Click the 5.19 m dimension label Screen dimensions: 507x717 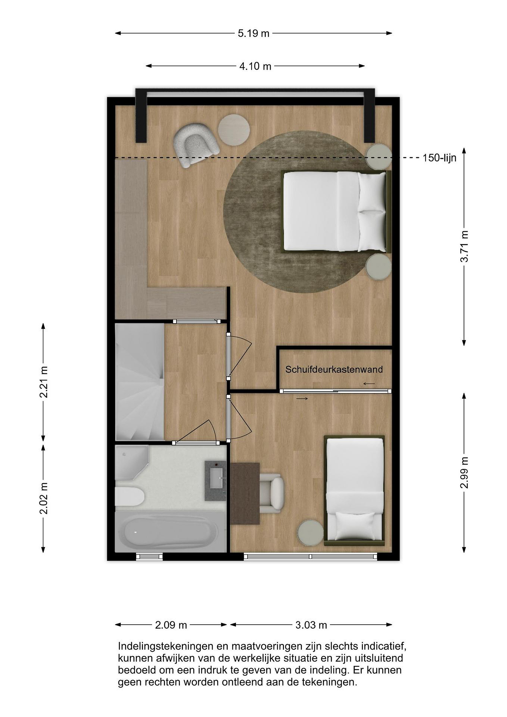pyautogui.click(x=253, y=33)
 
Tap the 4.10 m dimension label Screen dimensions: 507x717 pyautogui.click(x=255, y=66)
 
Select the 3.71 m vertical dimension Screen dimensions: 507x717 pyautogui.click(x=464, y=246)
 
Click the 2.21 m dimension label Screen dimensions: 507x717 pyautogui.click(x=44, y=382)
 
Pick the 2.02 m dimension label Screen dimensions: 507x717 pyautogui.click(x=44, y=498)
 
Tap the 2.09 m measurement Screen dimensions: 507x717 pyautogui.click(x=171, y=625)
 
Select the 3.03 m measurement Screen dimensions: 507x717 pyautogui.click(x=311, y=625)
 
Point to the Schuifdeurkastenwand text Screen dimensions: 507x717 pyautogui.click(x=334, y=369)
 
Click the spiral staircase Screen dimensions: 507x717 pyautogui.click(x=140, y=382)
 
